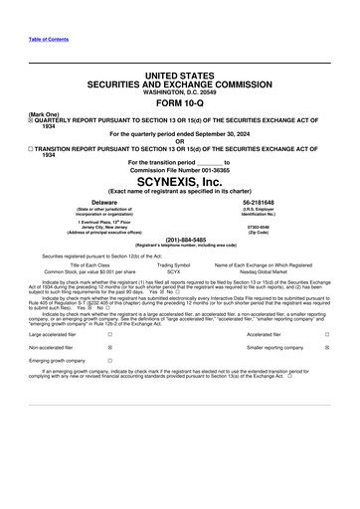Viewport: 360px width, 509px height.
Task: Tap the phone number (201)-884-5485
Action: pos(179,239)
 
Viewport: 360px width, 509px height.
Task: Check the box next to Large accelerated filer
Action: pos(108,335)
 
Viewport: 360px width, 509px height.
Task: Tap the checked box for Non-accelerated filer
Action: pos(108,349)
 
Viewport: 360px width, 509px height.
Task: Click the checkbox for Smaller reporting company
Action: pos(326,349)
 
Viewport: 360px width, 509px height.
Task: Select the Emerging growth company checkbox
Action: pos(108,363)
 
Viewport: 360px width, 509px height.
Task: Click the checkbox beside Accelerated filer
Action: pos(326,335)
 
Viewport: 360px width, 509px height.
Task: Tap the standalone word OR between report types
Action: pos(179,140)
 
